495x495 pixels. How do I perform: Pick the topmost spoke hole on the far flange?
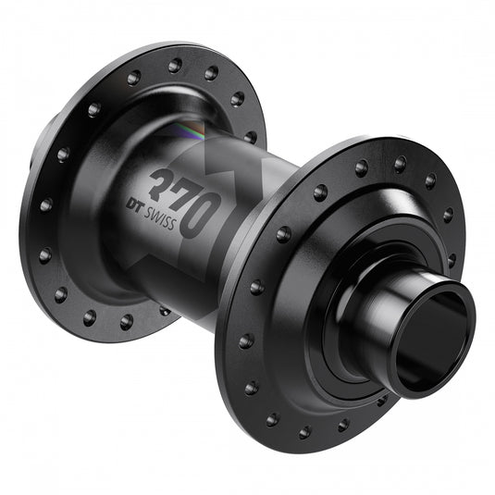[175, 65]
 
